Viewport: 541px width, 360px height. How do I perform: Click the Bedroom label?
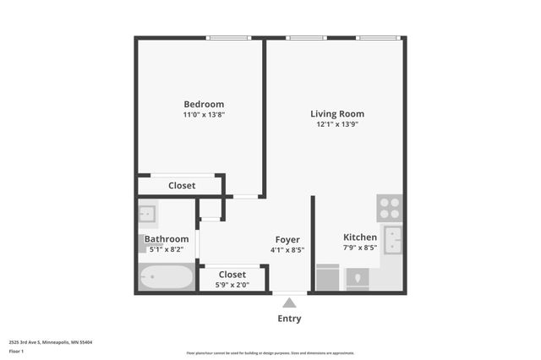(x=203, y=104)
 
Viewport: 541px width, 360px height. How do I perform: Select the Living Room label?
(x=337, y=113)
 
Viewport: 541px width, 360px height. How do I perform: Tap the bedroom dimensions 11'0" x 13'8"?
(x=203, y=114)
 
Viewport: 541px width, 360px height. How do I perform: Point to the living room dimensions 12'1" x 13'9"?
(x=337, y=124)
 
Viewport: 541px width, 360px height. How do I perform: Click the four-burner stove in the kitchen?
(x=389, y=208)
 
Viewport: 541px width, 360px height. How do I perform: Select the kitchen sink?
(x=393, y=239)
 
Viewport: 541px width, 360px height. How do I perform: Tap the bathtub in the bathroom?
(x=167, y=277)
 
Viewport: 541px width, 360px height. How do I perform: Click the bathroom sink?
(x=147, y=212)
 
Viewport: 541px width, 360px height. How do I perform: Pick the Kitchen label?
(x=359, y=237)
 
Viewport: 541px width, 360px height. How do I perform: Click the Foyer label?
(x=287, y=239)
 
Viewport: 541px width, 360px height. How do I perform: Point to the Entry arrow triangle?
(x=289, y=303)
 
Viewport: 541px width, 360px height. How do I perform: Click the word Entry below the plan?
(x=289, y=319)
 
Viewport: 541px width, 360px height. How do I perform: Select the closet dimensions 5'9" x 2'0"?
(x=232, y=286)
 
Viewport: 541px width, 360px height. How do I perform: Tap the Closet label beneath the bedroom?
(x=181, y=185)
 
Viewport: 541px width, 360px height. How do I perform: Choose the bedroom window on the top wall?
(x=228, y=37)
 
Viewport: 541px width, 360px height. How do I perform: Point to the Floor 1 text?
(x=16, y=351)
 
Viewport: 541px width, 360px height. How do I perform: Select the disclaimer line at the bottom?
(x=270, y=353)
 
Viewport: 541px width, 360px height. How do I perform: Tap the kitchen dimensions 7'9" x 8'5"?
(x=359, y=248)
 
